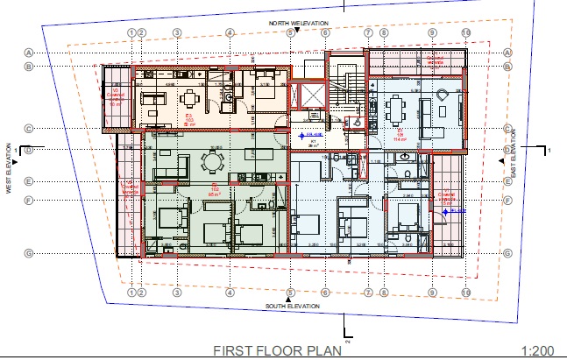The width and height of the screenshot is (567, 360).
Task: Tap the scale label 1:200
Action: pos(537,350)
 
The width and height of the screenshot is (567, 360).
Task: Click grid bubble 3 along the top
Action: pos(176,32)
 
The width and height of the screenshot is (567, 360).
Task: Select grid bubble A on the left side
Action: pos(29,52)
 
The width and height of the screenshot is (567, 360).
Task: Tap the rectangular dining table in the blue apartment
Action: pos(395,109)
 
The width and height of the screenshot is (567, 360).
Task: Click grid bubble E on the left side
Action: pos(29,182)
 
